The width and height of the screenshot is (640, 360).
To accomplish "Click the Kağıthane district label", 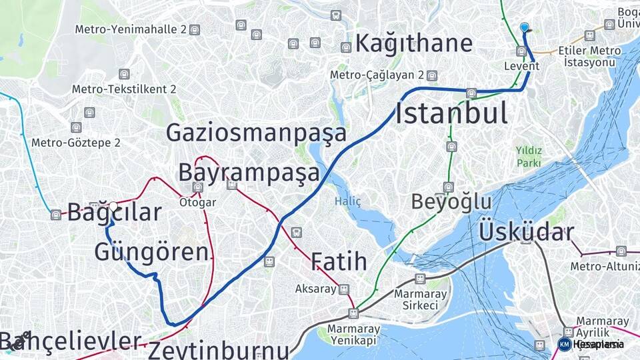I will click(x=414, y=43).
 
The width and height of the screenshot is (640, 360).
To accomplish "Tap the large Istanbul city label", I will click(x=451, y=113).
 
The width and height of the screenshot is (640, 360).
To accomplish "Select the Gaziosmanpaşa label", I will click(x=256, y=133).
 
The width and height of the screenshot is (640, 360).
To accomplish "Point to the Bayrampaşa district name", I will click(x=249, y=173).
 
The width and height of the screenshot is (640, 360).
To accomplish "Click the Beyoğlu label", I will click(x=451, y=201).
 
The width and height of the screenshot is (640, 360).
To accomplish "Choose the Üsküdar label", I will click(x=526, y=232).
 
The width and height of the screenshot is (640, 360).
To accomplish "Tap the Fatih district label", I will click(x=339, y=261).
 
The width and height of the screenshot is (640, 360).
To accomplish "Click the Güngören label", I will click(x=152, y=252).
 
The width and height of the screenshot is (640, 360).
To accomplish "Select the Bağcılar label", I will click(x=115, y=213).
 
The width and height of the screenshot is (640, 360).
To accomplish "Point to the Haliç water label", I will click(x=347, y=201).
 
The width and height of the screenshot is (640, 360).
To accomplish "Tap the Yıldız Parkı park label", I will click(x=529, y=156).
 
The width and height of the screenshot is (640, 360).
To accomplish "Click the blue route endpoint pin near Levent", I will click(x=525, y=27).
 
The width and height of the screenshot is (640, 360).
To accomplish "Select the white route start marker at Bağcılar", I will click(x=113, y=207).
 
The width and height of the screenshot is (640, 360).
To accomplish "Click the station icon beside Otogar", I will click(x=198, y=187).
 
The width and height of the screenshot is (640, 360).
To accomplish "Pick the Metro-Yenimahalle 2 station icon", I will click(x=194, y=29).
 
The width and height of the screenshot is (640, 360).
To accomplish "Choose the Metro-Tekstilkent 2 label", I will click(x=124, y=89).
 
